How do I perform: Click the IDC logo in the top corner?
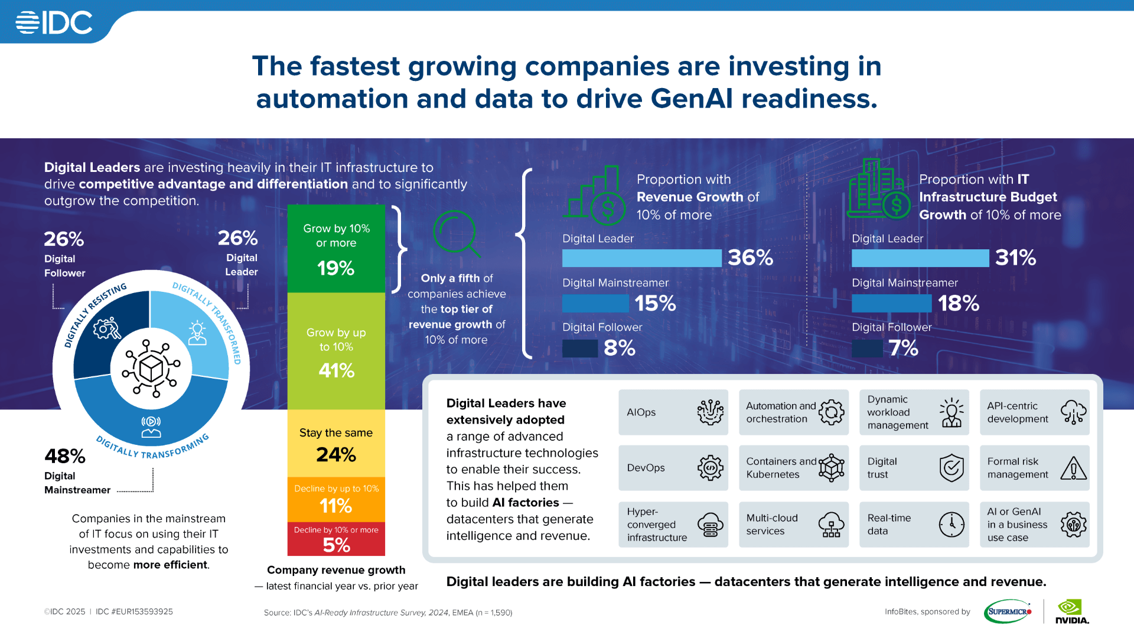[x=54, y=23]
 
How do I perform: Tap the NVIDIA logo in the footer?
[x=1071, y=611]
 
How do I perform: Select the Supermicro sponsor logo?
[x=1009, y=611]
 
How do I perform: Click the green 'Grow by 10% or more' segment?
[x=336, y=249]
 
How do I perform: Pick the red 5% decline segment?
[x=336, y=539]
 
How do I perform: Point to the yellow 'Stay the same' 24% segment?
[x=336, y=444]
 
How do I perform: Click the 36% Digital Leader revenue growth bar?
[x=641, y=258]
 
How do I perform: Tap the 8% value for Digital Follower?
[x=619, y=348]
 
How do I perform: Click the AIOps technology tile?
[x=673, y=412]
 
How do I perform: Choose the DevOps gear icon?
[x=710, y=468]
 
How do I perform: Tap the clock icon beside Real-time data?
[x=951, y=525]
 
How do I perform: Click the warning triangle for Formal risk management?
[x=1073, y=468]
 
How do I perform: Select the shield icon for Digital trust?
[x=951, y=468]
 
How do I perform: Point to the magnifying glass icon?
[x=457, y=234]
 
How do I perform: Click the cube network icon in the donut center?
[x=151, y=369]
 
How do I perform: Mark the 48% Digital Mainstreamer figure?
[x=65, y=456]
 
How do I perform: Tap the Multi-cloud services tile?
[x=793, y=525]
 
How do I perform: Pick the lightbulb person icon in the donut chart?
[x=197, y=333]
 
